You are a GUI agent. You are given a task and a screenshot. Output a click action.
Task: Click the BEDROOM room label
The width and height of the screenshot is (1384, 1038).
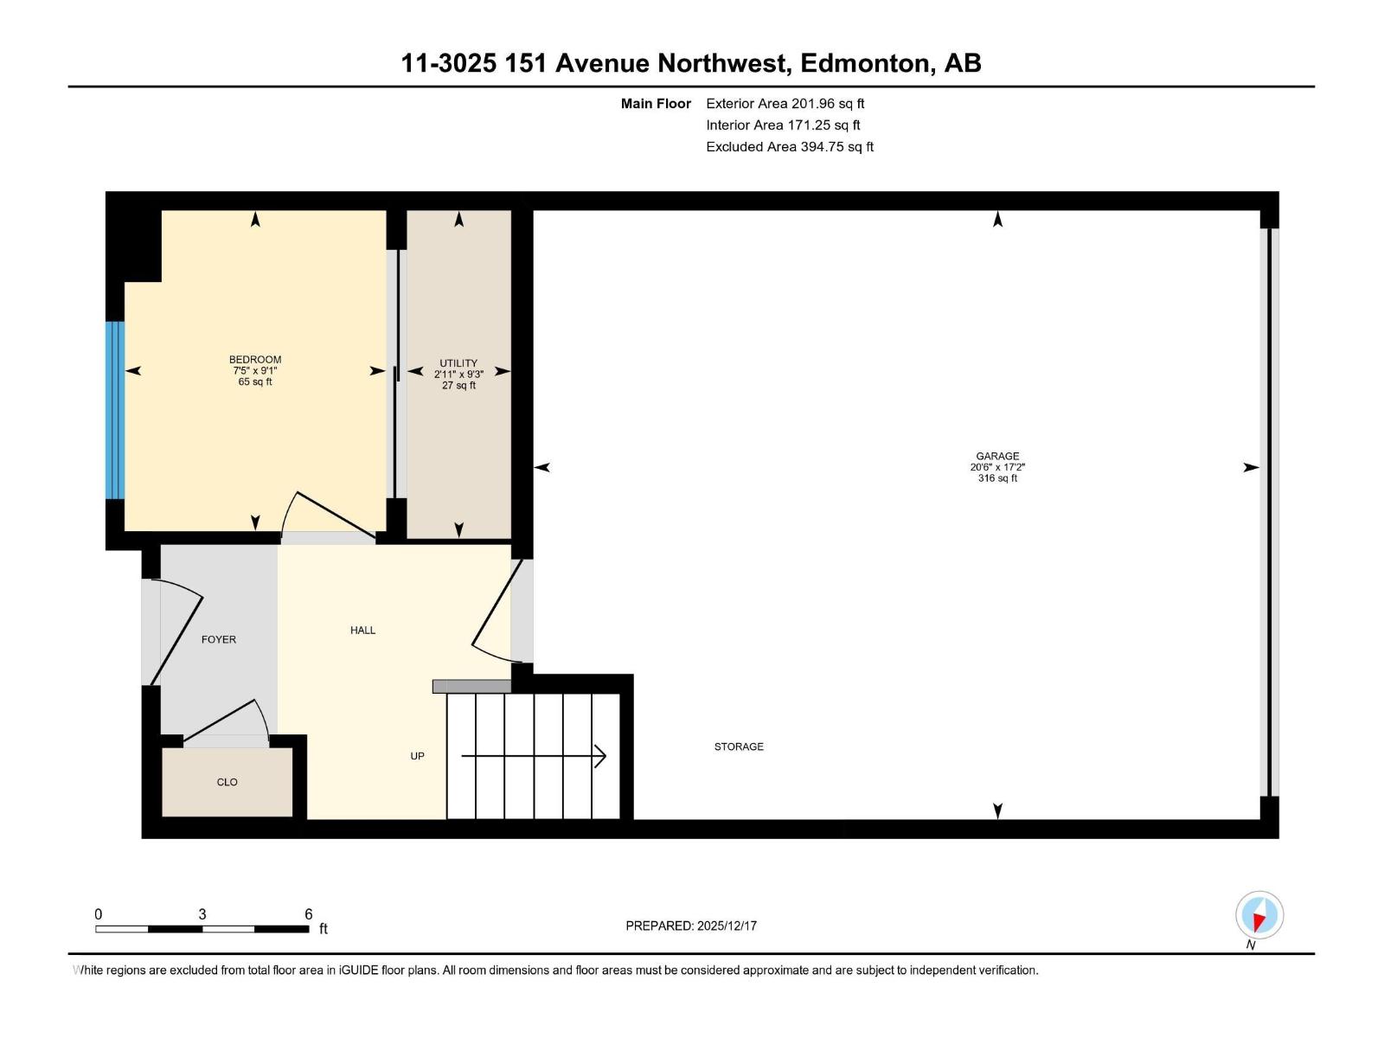pos(254,359)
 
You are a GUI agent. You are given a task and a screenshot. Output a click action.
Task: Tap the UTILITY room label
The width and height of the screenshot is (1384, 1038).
pos(458,363)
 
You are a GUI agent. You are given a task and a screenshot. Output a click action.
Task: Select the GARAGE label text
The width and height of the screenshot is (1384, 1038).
pos(997,456)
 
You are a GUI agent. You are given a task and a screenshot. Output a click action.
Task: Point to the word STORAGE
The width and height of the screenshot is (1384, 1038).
pos(739,746)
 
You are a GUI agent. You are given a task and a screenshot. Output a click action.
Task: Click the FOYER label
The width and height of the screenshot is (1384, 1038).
pos(219,639)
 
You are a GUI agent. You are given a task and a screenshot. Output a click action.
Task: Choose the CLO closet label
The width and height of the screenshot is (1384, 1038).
pos(227,782)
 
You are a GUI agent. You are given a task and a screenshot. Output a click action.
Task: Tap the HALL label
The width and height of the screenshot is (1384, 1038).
pos(362,630)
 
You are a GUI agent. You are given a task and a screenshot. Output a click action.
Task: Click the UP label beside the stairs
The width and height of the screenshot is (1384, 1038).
pos(417,756)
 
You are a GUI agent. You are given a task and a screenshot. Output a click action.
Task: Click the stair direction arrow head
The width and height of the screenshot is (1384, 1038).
pos(600,756)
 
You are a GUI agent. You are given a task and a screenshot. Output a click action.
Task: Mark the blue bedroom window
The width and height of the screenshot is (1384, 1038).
pos(115,410)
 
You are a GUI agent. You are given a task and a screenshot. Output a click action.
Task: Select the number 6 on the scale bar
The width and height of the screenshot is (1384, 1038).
pos(309,914)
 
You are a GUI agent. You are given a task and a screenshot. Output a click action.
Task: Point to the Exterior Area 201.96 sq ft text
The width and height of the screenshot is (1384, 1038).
pos(785,103)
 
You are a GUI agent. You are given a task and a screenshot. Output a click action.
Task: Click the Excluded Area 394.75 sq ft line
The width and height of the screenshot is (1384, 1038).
pos(789,146)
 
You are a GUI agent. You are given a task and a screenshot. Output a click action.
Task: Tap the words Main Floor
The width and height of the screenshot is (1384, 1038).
pos(656,103)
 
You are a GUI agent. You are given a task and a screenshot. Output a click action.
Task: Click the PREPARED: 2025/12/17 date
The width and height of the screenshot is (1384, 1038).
pos(691,926)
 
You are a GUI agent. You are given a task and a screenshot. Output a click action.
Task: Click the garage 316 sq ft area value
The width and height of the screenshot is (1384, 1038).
pos(997,478)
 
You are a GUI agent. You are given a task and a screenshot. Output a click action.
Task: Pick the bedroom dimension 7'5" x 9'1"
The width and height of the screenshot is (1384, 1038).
pos(254,370)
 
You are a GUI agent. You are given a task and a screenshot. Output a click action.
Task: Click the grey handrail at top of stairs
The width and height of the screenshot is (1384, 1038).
pos(471,686)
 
